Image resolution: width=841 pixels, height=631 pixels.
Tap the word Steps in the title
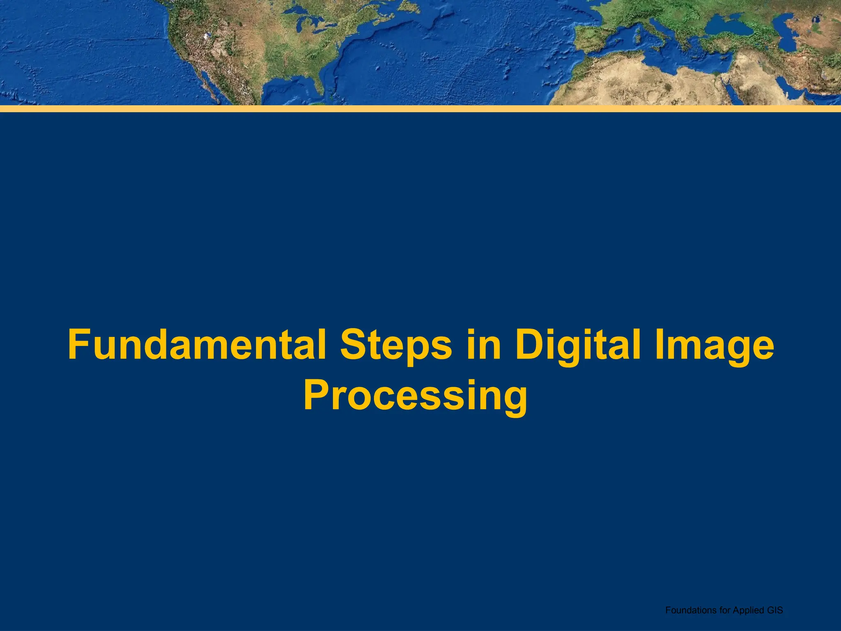click(x=396, y=345)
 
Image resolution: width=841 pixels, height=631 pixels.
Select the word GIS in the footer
click(x=774, y=610)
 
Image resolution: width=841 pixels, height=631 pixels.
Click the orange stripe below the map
click(x=420, y=109)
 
